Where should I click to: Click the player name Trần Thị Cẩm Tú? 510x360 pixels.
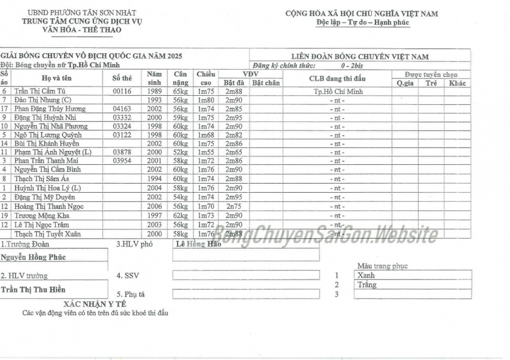(39, 91)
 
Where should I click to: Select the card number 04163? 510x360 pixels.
(122, 108)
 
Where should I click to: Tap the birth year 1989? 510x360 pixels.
(154, 91)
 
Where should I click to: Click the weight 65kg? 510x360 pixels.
(180, 91)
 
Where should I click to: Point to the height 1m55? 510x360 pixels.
(206, 153)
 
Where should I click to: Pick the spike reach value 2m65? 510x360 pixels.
(234, 153)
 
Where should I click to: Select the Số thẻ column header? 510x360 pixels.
(122, 78)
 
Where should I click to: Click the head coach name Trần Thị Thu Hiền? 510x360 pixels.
(33, 289)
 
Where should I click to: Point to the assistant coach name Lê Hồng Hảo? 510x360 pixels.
(197, 244)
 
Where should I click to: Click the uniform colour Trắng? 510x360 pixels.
(367, 284)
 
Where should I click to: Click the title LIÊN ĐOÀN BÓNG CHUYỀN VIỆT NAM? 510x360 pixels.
(360, 57)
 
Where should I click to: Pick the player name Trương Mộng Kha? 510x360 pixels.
(42, 215)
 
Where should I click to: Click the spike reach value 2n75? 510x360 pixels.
(234, 206)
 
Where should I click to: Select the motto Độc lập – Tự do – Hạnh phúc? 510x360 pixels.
(362, 22)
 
